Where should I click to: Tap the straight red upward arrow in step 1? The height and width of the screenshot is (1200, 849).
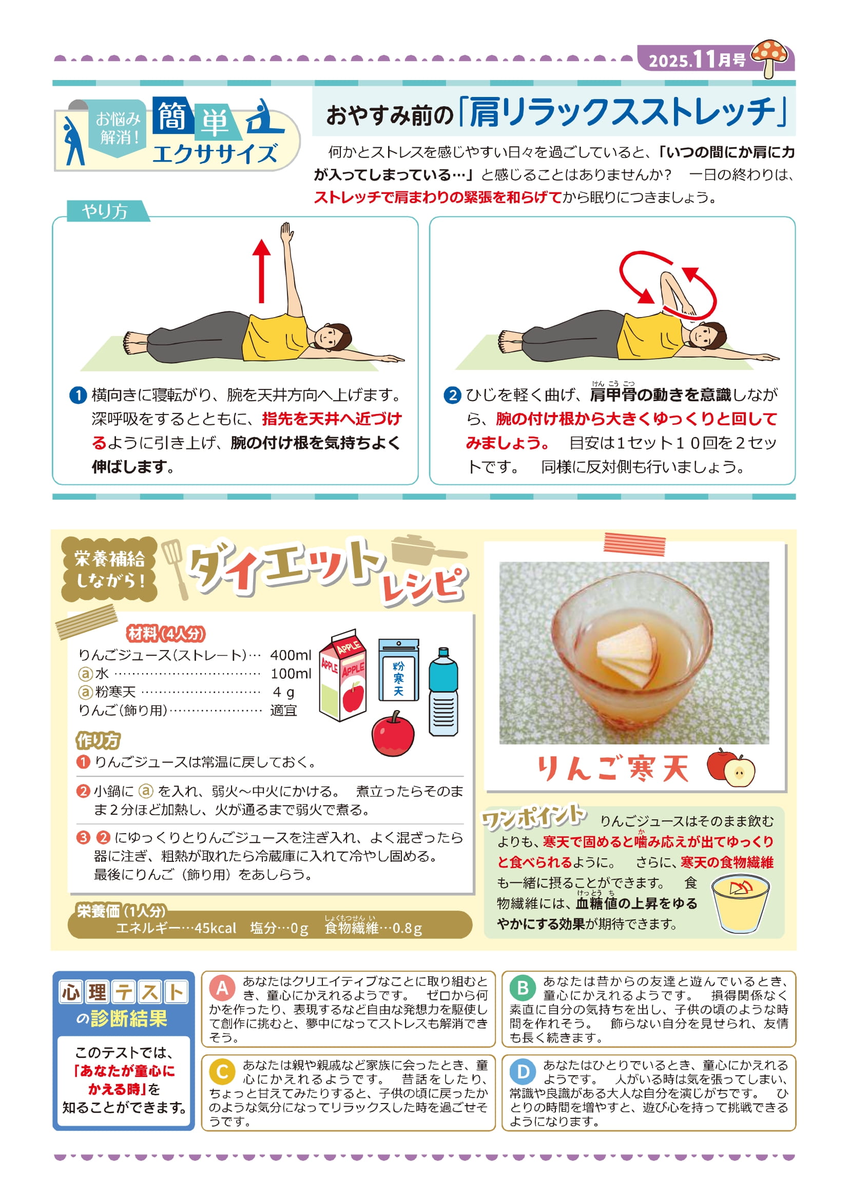pyautogui.click(x=261, y=271)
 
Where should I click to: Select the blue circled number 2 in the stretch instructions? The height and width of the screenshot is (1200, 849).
pyautogui.click(x=452, y=395)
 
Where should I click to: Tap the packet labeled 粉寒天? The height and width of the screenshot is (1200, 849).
pyautogui.click(x=398, y=670)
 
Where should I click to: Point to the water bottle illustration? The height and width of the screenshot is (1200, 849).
pyautogui.click(x=443, y=692)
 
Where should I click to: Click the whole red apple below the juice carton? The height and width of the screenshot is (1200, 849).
pyautogui.click(x=393, y=733)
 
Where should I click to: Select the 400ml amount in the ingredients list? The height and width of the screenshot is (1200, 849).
pyautogui.click(x=291, y=655)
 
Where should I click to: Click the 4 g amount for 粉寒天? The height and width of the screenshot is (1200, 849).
pyautogui.click(x=283, y=692)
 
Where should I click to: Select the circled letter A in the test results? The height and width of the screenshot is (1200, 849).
pyautogui.click(x=222, y=988)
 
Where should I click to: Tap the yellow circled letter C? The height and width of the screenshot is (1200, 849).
pyautogui.click(x=222, y=1072)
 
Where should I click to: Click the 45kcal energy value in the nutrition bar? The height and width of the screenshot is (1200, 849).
pyautogui.click(x=216, y=928)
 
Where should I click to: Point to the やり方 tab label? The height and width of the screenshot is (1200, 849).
pyautogui.click(x=105, y=211)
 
